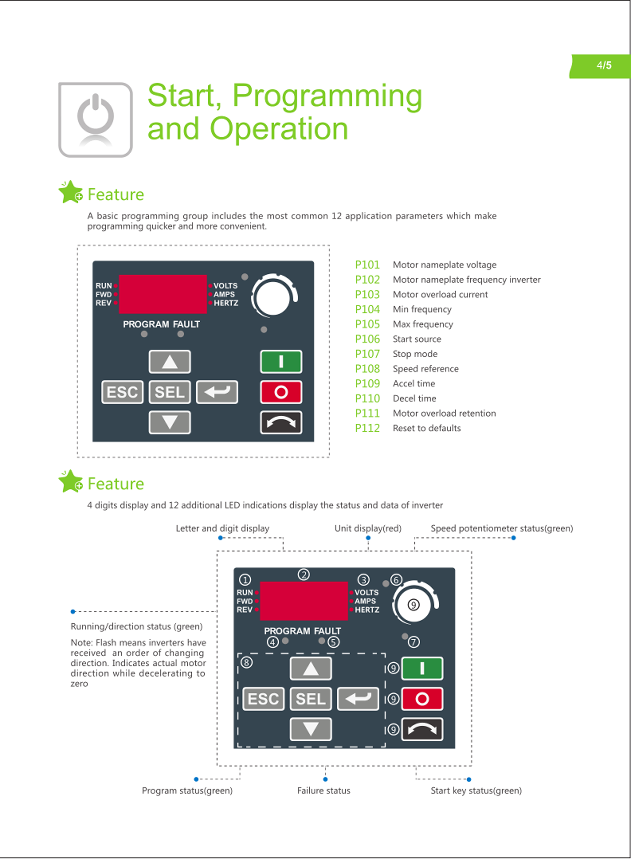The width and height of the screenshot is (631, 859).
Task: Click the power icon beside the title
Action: (95, 120)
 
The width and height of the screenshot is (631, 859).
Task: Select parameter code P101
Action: (367, 265)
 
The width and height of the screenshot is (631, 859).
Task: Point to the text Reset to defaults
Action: (427, 428)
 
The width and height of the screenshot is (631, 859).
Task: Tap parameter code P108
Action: (367, 369)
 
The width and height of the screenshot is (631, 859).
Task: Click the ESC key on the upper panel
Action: (122, 392)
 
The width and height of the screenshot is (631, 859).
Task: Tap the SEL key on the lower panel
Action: (310, 699)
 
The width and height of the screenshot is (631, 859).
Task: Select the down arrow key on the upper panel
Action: (170, 422)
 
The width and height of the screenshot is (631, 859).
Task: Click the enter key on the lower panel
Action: (358, 699)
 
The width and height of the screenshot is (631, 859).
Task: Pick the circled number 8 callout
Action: (246, 662)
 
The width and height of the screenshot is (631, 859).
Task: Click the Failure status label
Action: (324, 790)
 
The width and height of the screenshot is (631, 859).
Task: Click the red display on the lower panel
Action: (304, 601)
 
